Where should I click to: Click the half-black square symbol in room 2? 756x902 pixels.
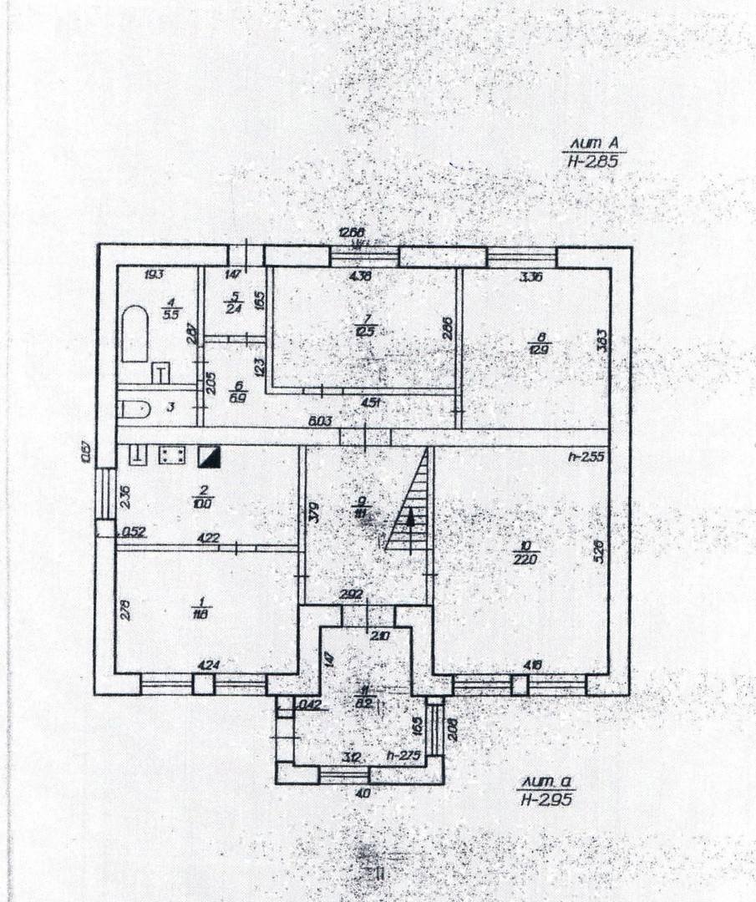coord(206,456)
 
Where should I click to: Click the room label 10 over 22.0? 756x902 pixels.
coord(529,553)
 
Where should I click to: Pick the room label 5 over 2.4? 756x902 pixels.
coord(233,301)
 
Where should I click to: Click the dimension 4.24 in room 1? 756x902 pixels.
coord(207,665)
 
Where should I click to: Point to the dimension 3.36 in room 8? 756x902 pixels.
coord(532,278)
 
